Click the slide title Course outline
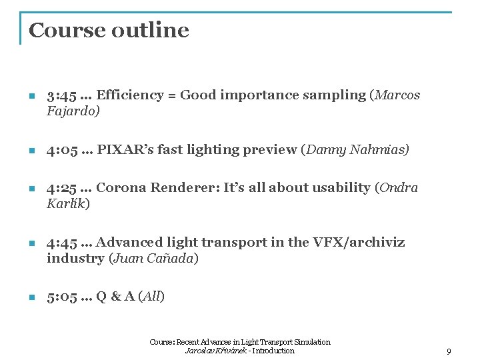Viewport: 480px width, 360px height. [109, 30]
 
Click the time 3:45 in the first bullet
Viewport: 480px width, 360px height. [61, 95]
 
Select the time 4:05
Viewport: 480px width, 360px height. [62, 150]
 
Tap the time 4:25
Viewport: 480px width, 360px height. [62, 188]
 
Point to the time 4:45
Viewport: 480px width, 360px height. [62, 242]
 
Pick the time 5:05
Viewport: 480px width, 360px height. [61, 297]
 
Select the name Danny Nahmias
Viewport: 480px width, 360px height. [356, 150]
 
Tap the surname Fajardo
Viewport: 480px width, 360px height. [72, 111]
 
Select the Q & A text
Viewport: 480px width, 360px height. [118, 297]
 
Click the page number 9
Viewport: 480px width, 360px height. [449, 351]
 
